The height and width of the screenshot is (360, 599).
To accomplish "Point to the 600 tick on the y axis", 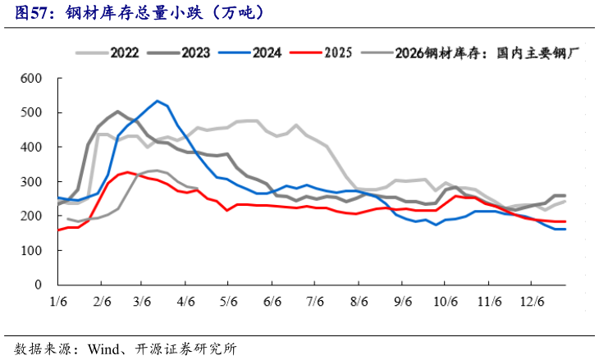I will [x=30, y=79].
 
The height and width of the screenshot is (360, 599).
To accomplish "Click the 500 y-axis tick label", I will [x=30, y=113].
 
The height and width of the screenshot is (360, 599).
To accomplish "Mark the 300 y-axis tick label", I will [x=30, y=182].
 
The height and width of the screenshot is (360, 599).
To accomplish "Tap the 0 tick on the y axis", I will [x=37, y=285].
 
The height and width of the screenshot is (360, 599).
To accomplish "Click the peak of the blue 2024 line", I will [x=157, y=101].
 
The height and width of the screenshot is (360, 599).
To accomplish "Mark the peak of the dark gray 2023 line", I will [x=117, y=112].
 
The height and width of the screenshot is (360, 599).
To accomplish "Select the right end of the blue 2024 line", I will [x=565, y=229].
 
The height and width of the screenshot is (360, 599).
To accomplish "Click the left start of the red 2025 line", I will [x=58, y=230].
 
